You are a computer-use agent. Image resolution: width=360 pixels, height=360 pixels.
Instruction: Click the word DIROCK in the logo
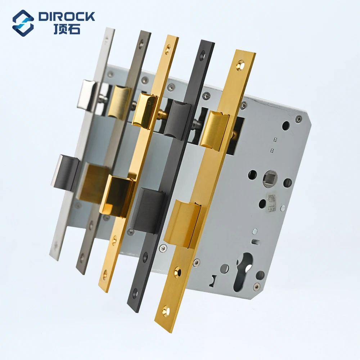67,16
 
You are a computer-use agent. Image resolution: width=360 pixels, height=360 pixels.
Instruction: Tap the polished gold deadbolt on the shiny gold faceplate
117,196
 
